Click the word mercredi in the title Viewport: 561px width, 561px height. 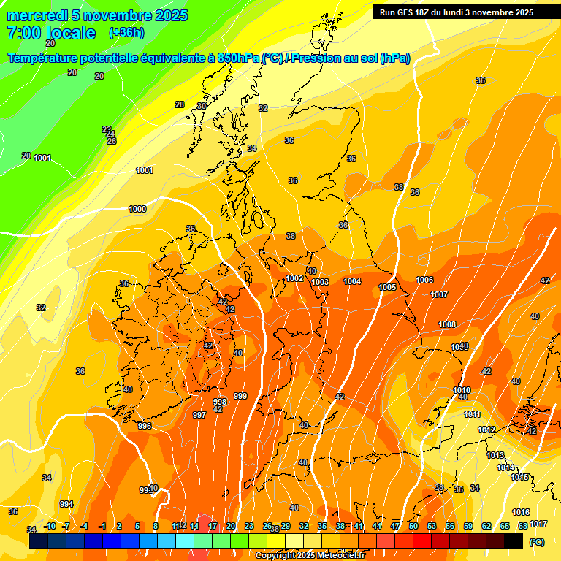coord(36,15)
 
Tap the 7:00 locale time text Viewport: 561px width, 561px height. coord(51,33)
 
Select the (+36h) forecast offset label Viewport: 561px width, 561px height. coord(126,33)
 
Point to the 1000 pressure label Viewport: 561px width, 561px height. coord(137,209)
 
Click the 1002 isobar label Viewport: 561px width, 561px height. coord(295,278)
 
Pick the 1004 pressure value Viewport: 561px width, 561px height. coord(352,281)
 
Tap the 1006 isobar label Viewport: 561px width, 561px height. coord(424,280)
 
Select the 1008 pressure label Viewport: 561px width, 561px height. coord(447,324)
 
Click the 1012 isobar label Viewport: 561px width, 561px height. coord(486,430)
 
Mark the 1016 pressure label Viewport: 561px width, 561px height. coord(521,512)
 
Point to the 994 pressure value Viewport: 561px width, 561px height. coord(66,504)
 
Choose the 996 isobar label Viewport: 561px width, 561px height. coord(145,426)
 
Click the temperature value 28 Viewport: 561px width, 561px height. coord(180,104)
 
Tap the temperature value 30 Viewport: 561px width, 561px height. coord(202,106)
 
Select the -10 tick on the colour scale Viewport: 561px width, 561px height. coord(50,526)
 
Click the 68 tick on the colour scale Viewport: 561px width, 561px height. coord(522,526)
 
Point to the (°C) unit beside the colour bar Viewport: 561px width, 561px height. coord(537,542)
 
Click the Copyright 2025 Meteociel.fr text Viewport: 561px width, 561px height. coord(310,555)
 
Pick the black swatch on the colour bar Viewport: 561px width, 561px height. coord(514,541)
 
